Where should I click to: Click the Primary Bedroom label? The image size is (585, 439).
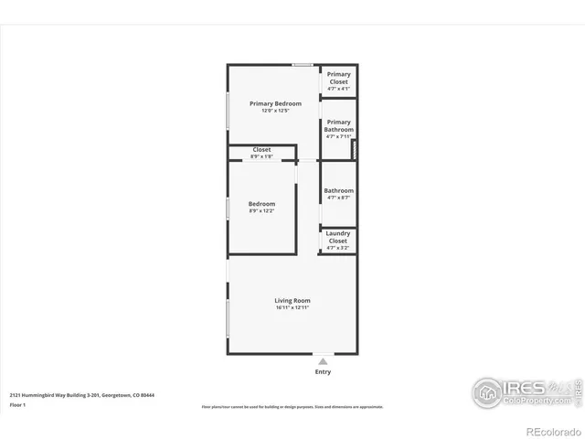(x=275, y=103)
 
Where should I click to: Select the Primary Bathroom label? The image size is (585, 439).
(x=338, y=126)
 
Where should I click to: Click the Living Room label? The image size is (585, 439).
(x=292, y=300)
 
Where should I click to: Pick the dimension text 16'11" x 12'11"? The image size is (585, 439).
(x=292, y=308)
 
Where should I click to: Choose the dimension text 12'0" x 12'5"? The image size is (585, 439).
(x=275, y=112)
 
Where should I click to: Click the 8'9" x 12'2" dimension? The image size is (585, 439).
(x=261, y=211)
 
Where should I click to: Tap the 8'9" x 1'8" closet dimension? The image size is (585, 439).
(x=261, y=156)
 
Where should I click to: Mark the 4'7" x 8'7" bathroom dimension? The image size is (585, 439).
(x=338, y=198)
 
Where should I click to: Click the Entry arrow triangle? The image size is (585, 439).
(x=323, y=361)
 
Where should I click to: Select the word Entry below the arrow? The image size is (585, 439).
(x=323, y=371)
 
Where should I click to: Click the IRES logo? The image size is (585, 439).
(x=522, y=391)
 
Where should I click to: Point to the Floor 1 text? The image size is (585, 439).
(x=16, y=404)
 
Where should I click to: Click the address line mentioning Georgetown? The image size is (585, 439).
(x=82, y=395)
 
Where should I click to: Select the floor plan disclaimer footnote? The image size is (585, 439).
(x=292, y=407)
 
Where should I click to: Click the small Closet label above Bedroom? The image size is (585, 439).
(x=261, y=149)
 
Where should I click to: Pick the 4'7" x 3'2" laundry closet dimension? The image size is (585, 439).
(x=338, y=248)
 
